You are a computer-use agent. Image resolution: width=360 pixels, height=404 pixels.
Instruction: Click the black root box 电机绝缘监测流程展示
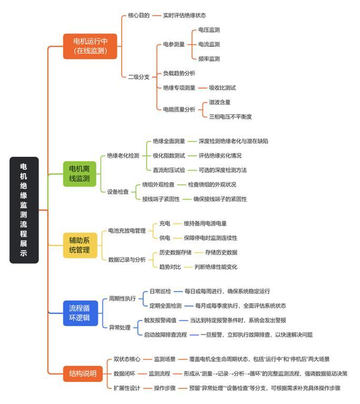[24, 210]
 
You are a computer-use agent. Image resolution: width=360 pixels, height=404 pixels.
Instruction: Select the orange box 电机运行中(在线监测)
[90, 46]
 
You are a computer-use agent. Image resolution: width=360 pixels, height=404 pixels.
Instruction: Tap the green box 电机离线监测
[79, 174]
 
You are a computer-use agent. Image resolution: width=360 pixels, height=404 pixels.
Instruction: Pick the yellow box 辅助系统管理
[80, 245]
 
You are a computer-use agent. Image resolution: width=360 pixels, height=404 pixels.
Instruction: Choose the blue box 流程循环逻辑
[81, 313]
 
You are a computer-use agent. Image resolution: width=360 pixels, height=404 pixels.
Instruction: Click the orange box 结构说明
[83, 373]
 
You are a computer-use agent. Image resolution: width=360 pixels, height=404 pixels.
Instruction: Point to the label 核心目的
[139, 15]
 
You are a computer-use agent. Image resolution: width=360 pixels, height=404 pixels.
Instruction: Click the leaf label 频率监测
[209, 59]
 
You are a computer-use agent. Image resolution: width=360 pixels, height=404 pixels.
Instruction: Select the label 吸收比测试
[222, 88]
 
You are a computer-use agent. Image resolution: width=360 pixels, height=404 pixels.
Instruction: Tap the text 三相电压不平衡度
[231, 117]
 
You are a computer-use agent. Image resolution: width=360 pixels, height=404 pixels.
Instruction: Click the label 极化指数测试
[169, 156]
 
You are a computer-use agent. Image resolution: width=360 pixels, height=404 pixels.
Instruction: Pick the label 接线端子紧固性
[161, 199]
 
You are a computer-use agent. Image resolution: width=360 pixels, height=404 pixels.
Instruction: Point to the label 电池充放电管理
[127, 230]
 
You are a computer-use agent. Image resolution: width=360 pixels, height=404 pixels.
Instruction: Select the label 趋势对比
[170, 267]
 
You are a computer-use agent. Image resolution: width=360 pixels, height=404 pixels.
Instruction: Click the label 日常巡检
[160, 291]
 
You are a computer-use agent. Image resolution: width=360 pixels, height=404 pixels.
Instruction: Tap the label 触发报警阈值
[160, 320]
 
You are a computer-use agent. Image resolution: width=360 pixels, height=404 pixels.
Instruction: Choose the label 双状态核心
[127, 359]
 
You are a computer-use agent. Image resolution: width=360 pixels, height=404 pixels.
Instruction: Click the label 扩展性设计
[127, 388]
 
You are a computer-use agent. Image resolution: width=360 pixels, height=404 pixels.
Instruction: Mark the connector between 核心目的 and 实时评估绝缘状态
[156, 15]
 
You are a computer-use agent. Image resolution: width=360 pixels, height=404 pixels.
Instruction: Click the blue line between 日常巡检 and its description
[178, 291]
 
